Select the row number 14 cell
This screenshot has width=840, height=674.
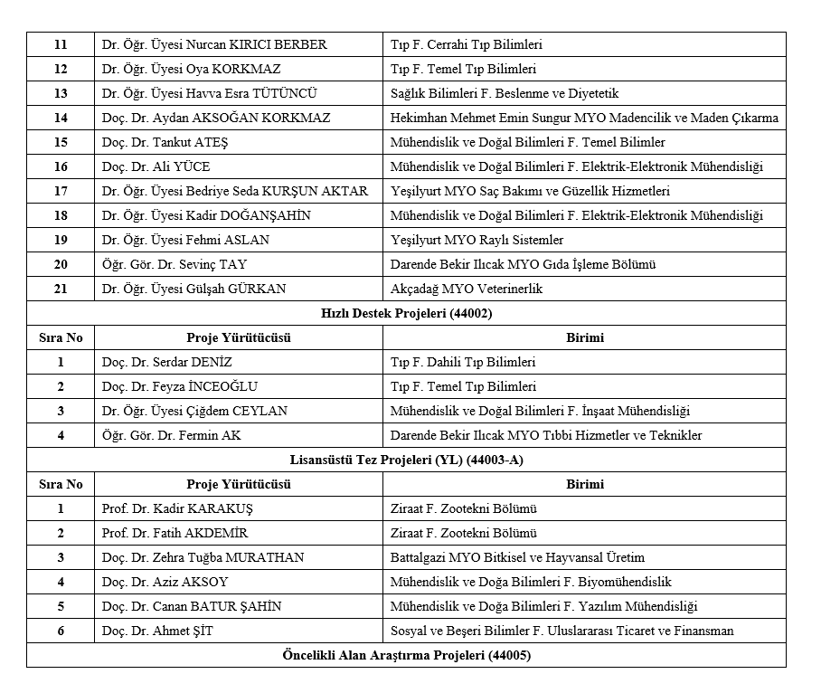61,118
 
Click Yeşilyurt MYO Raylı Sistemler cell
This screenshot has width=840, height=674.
477,240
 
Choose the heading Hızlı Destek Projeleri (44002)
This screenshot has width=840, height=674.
406,314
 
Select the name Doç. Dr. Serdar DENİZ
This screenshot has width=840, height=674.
167,362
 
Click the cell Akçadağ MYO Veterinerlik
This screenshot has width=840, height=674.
466,289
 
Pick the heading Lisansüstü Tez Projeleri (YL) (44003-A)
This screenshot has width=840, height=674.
406,460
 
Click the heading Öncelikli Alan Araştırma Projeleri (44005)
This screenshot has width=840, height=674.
406,655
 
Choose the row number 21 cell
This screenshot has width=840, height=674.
61,289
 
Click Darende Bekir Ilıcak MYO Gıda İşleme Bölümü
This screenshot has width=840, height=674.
523,264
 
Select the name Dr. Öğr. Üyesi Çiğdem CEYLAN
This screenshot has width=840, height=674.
194,411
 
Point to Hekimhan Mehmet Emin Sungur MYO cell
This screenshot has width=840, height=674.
583,118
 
